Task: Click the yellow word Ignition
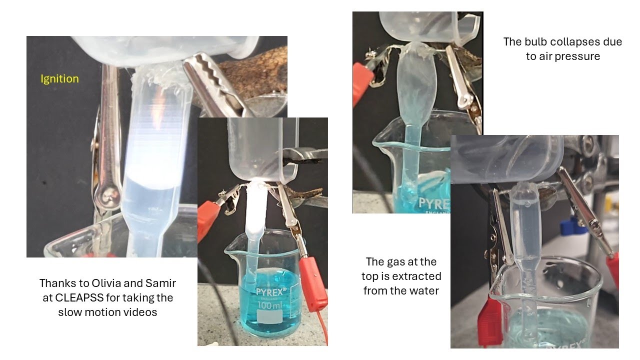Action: click(59, 79)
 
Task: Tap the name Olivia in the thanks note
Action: click(105, 283)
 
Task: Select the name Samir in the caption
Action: click(160, 283)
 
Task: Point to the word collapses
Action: click(575, 42)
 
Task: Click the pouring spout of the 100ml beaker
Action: click(230, 251)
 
